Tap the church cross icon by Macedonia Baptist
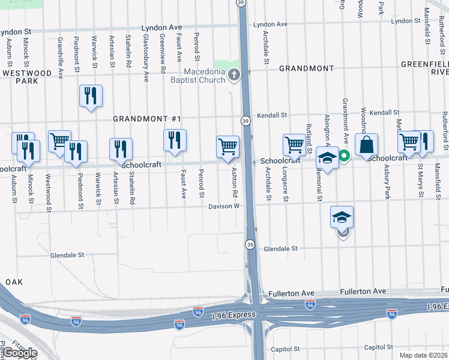[235, 76]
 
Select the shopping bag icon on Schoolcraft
[366, 145]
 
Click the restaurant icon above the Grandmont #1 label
[91, 95]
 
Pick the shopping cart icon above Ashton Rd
[228, 146]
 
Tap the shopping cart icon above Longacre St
[295, 145]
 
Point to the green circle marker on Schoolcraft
[345, 157]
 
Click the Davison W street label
[224, 206]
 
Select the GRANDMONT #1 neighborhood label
[147, 119]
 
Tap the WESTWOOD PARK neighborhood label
[27, 77]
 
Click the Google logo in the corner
[19, 353]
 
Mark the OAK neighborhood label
[13, 282]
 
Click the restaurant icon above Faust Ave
[175, 140]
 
